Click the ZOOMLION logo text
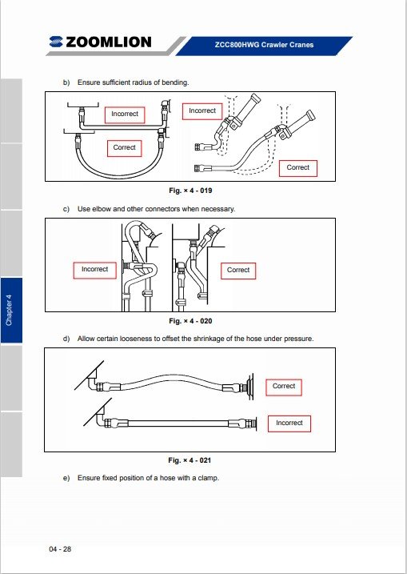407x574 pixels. [x=108, y=42]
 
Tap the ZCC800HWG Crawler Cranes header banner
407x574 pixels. [x=264, y=46]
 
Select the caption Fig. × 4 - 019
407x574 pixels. [x=190, y=191]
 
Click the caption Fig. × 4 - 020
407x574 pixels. [x=190, y=321]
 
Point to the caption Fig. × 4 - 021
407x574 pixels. [x=190, y=460]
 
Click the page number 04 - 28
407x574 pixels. [x=60, y=548]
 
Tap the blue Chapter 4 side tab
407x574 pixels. [x=11, y=311]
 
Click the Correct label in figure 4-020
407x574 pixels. [x=238, y=271]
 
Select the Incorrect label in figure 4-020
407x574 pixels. [x=94, y=270]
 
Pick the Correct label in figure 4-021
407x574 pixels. [x=284, y=387]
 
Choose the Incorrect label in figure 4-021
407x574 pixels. [x=289, y=423]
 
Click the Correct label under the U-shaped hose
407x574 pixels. [x=124, y=148]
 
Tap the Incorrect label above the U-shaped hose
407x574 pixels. [x=125, y=114]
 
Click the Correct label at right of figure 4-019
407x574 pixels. [x=298, y=168]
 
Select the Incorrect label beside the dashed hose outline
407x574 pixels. [x=202, y=111]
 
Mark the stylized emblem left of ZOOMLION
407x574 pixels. [x=56, y=42]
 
